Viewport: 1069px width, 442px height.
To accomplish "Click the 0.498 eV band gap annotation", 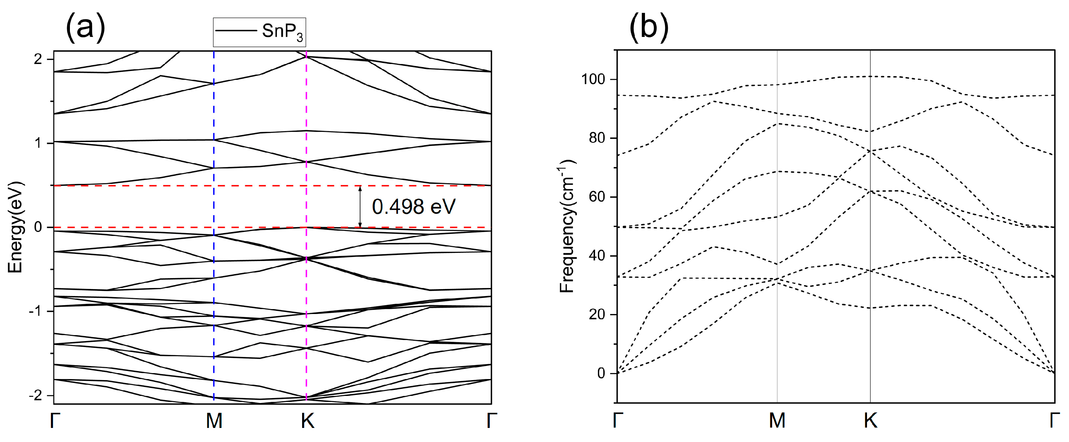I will click(413, 206).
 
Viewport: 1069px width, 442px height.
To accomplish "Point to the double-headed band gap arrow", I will click(360, 206).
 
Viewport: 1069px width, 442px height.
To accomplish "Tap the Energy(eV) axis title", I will click(15, 227).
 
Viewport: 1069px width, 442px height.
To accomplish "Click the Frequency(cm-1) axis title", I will click(567, 226).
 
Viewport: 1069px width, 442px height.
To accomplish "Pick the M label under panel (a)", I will click(214, 421).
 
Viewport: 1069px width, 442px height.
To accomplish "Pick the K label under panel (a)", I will click(307, 421).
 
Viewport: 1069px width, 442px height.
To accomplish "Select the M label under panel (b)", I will click(777, 421).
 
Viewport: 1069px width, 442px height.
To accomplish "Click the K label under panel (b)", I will click(870, 421).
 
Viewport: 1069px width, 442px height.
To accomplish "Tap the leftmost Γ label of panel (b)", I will click(618, 421).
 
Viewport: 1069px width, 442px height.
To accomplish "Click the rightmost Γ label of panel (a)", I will click(491, 421).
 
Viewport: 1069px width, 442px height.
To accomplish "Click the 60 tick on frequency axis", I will click(597, 197).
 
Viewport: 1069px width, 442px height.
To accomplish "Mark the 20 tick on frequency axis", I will click(597, 314).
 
